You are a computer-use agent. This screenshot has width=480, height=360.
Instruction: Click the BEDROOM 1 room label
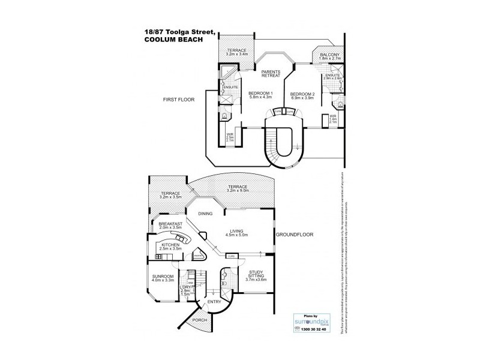260,93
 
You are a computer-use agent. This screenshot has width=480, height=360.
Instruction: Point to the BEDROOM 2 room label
302,94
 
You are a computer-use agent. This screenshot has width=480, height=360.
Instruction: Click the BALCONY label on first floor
330,55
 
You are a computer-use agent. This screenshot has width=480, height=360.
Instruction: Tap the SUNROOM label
163,276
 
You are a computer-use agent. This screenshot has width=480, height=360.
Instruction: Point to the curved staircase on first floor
281,144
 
